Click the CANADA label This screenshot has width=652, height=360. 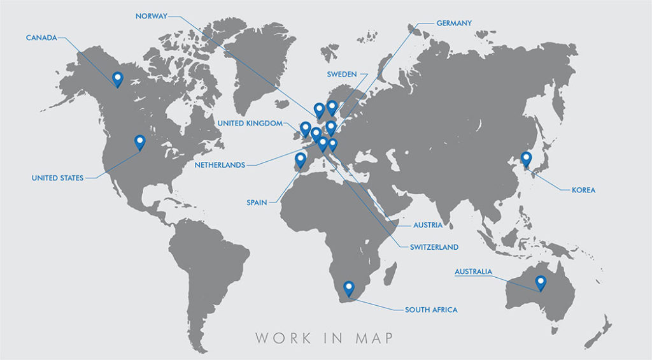41,38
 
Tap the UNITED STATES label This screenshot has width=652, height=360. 57,178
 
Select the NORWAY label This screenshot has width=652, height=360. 151,16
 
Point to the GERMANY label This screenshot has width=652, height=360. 454,24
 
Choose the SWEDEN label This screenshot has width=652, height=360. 342,75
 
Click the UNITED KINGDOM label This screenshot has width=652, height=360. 250,124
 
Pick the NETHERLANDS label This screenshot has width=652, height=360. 220,165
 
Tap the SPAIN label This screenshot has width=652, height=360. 257,203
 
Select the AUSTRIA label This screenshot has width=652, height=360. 428,225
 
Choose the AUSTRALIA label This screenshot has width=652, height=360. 473,272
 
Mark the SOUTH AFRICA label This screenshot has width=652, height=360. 431,310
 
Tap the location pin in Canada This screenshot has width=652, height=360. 117,79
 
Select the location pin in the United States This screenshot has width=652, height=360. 139,141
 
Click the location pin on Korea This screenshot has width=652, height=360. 526,158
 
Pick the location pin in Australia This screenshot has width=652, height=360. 541,282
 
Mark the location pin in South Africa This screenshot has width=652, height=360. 348,288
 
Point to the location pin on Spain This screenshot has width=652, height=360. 301,159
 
